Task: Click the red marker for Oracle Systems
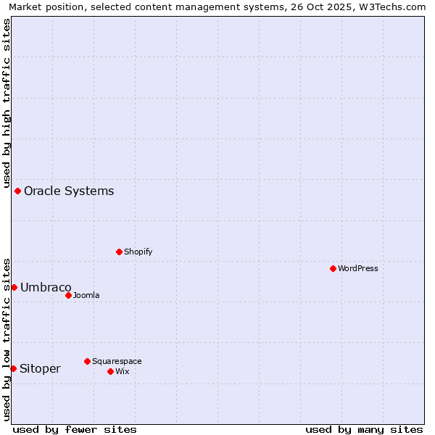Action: [17, 191]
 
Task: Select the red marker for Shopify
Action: [119, 252]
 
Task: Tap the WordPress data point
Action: [333, 268]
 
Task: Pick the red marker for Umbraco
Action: [14, 287]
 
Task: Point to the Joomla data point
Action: [68, 295]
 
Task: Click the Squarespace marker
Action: [87, 361]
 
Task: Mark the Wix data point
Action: [110, 371]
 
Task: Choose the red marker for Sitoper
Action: [13, 368]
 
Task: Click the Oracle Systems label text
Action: [69, 191]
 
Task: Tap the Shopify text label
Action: [138, 252]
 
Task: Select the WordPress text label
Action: [357, 268]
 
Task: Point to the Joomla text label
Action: [86, 295]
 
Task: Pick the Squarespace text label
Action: [117, 361]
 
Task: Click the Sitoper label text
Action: [40, 369]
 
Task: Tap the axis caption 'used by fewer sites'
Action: [75, 429]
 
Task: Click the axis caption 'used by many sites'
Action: [364, 429]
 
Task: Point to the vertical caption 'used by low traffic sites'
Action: [7, 338]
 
